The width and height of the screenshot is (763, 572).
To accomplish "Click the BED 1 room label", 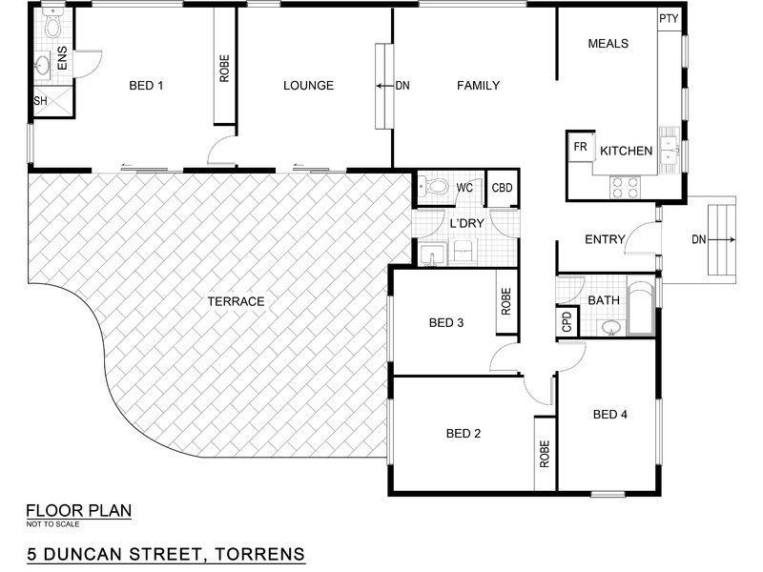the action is click(146, 86).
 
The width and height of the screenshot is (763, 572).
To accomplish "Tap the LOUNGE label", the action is click(308, 86).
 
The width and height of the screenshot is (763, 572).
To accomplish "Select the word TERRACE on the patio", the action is click(236, 301).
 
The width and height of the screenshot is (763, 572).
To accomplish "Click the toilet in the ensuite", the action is click(52, 23).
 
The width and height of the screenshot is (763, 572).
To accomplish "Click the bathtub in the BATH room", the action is click(640, 309).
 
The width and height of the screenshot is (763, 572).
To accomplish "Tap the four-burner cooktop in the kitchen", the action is click(626, 187).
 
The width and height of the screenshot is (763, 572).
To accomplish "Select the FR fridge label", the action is click(580, 147).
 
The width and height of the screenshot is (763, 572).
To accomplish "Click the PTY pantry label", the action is click(669, 18).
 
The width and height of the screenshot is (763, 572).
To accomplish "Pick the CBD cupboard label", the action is click(503, 188).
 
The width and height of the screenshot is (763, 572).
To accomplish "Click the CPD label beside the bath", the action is click(567, 322).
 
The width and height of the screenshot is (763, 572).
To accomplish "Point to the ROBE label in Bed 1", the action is click(224, 69).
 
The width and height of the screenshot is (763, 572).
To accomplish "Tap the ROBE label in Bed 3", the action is click(506, 301).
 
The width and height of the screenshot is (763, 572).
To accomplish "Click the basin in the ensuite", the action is click(42, 64).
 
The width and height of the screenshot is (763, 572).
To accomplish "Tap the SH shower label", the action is click(40, 101).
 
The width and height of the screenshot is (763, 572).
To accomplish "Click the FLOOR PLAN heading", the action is click(79, 511).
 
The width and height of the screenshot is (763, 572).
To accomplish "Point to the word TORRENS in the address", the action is click(260, 554).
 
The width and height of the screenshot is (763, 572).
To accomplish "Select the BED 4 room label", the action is click(610, 415).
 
